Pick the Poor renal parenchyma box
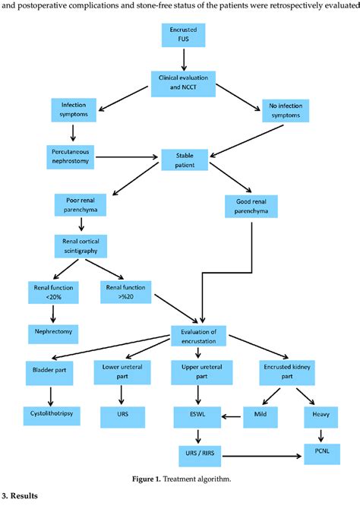[x=80, y=206]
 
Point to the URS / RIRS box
[x=199, y=456]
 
